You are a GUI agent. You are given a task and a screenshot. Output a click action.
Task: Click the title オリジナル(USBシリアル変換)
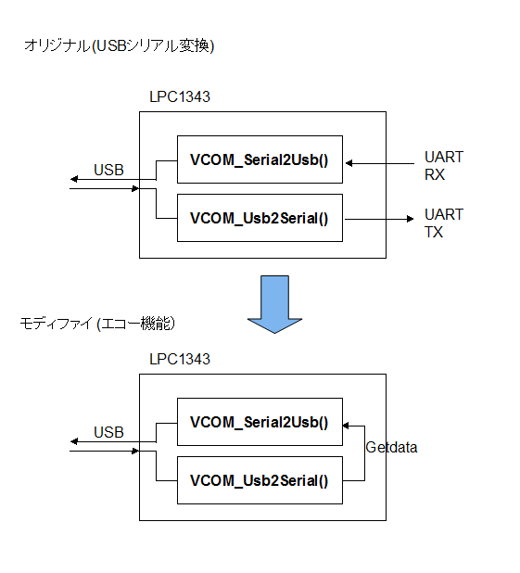(x=119, y=46)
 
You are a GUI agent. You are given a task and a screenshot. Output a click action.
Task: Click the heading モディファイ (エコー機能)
(x=97, y=324)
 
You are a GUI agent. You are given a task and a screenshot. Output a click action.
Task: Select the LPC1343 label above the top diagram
(x=179, y=96)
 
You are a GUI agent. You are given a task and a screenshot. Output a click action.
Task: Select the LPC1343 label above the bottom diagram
(x=179, y=359)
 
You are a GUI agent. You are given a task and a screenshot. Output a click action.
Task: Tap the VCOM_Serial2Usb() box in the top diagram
(x=260, y=159)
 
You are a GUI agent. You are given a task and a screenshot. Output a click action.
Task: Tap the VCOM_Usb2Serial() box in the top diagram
(x=260, y=219)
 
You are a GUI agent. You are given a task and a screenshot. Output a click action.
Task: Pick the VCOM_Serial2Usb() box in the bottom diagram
(x=260, y=422)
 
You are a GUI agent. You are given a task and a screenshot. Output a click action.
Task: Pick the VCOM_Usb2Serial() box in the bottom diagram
(x=260, y=480)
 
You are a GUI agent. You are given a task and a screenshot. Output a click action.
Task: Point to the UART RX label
(x=442, y=165)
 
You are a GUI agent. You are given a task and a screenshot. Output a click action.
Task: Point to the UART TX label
(x=442, y=223)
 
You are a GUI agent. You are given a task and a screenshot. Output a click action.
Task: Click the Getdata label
(x=391, y=448)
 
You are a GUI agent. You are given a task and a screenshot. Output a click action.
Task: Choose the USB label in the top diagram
(x=108, y=170)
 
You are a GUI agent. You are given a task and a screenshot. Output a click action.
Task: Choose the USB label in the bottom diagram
(x=108, y=432)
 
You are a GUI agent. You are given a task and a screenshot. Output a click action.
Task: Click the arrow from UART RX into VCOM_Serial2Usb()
(x=380, y=164)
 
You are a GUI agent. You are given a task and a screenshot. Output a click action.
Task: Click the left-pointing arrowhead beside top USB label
(x=74, y=179)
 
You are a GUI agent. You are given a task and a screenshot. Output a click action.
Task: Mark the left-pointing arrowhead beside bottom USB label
(x=74, y=441)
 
